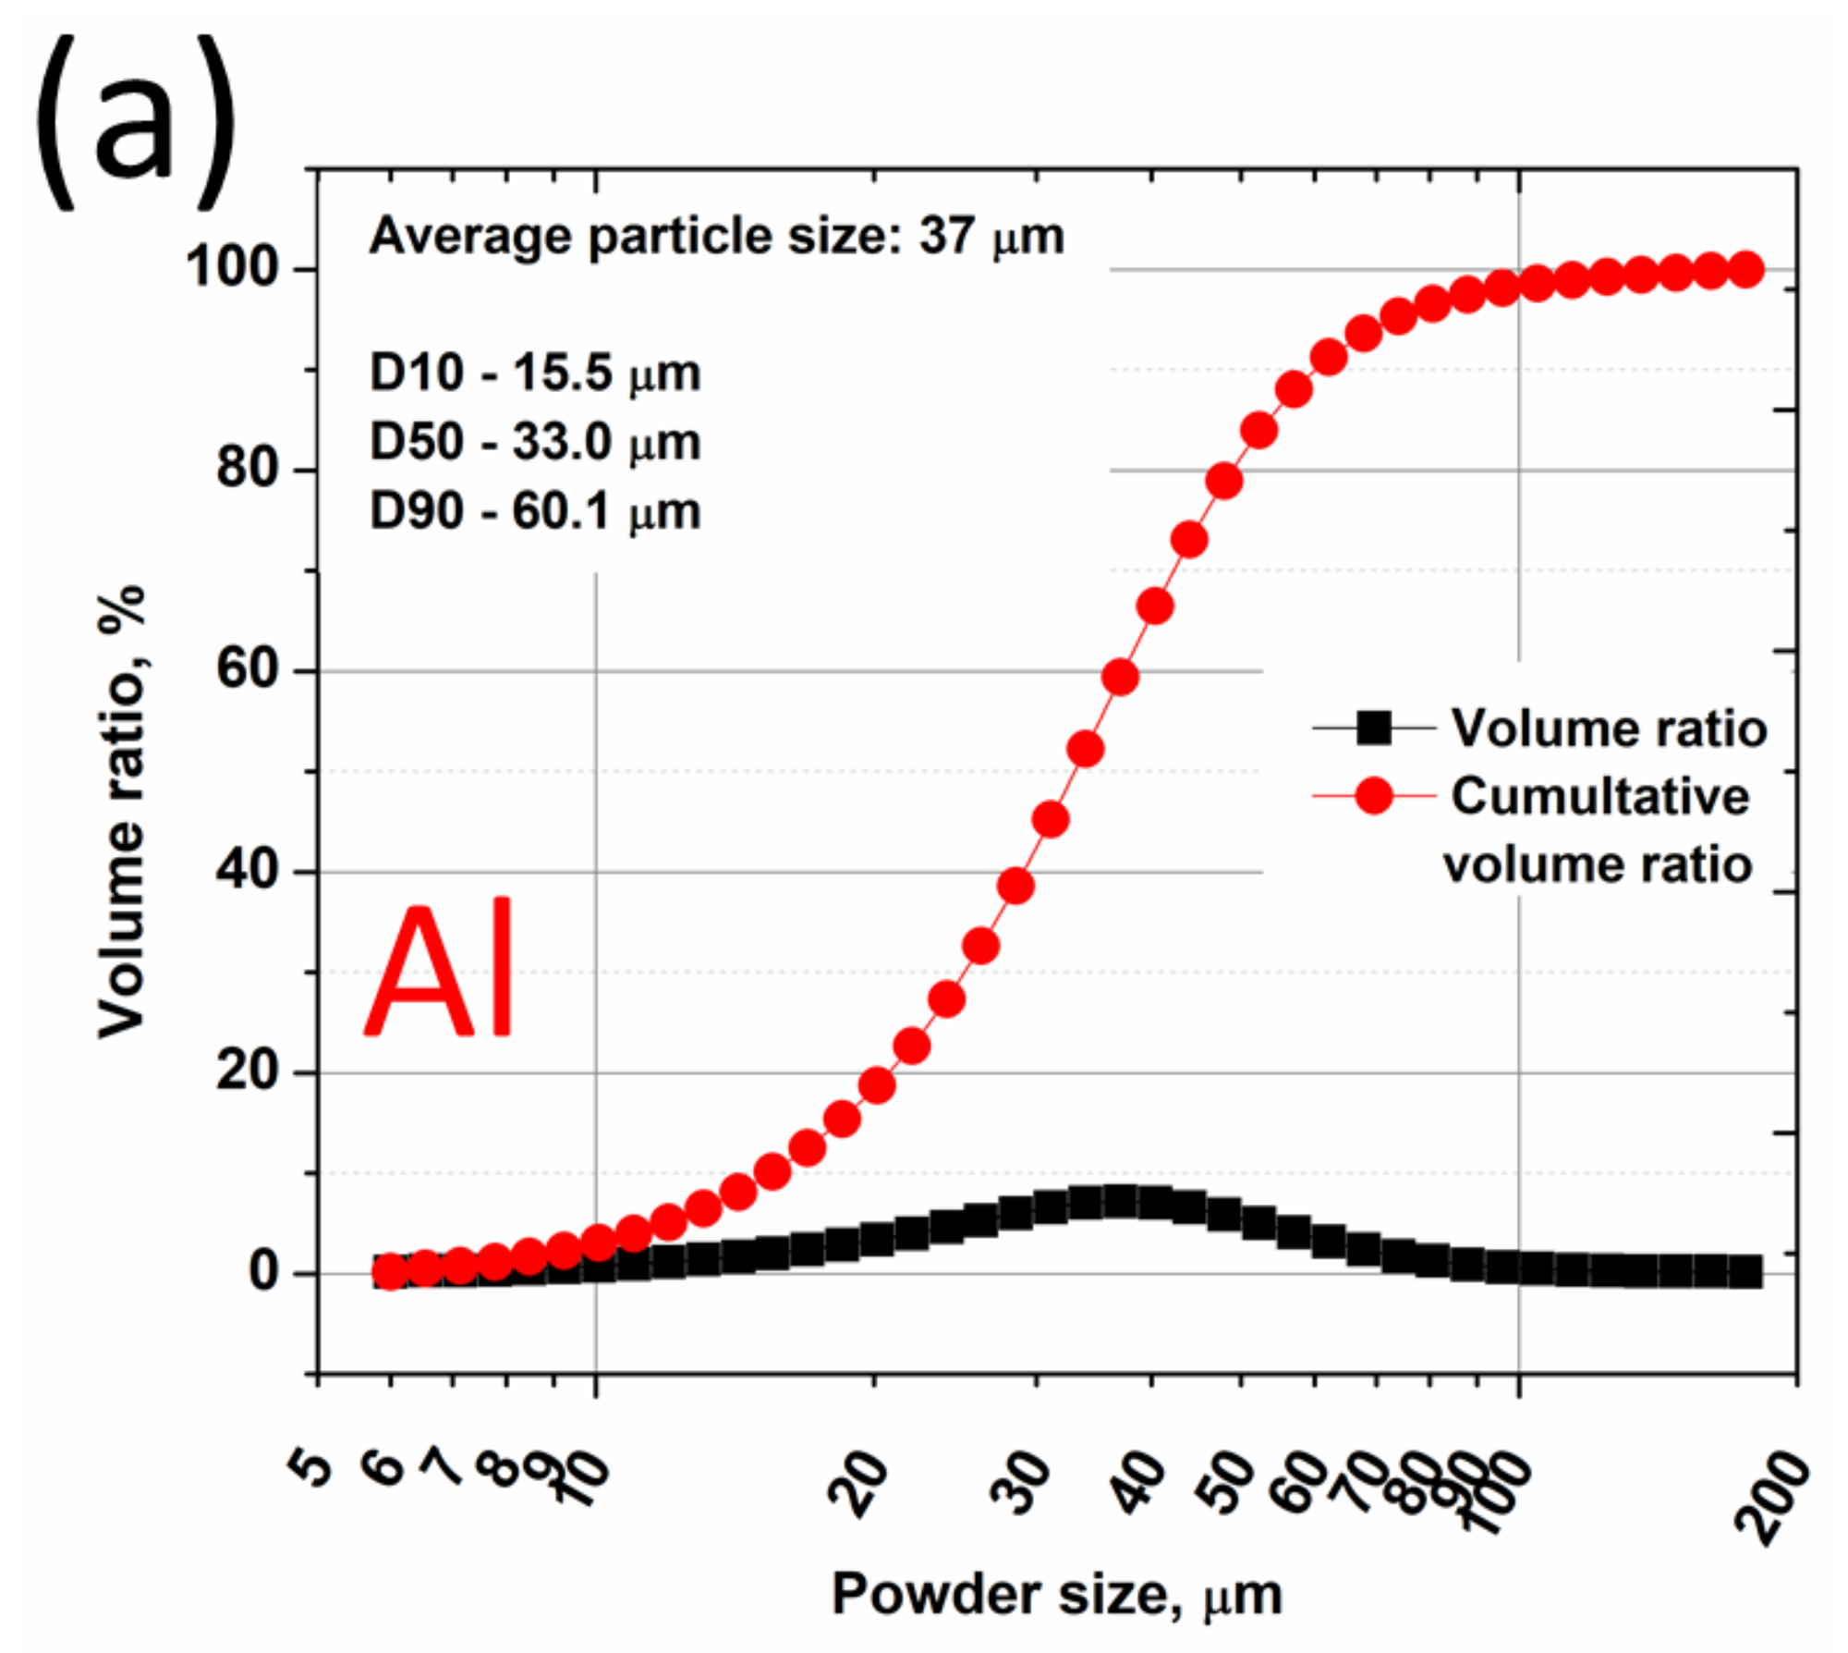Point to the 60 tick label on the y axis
(248, 668)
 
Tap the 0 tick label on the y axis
(264, 1272)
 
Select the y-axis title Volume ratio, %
(122, 812)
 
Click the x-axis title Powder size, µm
(1056, 1594)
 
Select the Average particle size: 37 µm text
(716, 237)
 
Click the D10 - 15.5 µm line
(535, 373)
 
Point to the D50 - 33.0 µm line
(535, 442)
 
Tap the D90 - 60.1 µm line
(535, 511)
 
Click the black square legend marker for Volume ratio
(1374, 729)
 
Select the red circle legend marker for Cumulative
(1374, 795)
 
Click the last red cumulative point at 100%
(1745, 270)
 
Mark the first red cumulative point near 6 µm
(390, 1271)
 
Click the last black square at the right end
(1745, 1272)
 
